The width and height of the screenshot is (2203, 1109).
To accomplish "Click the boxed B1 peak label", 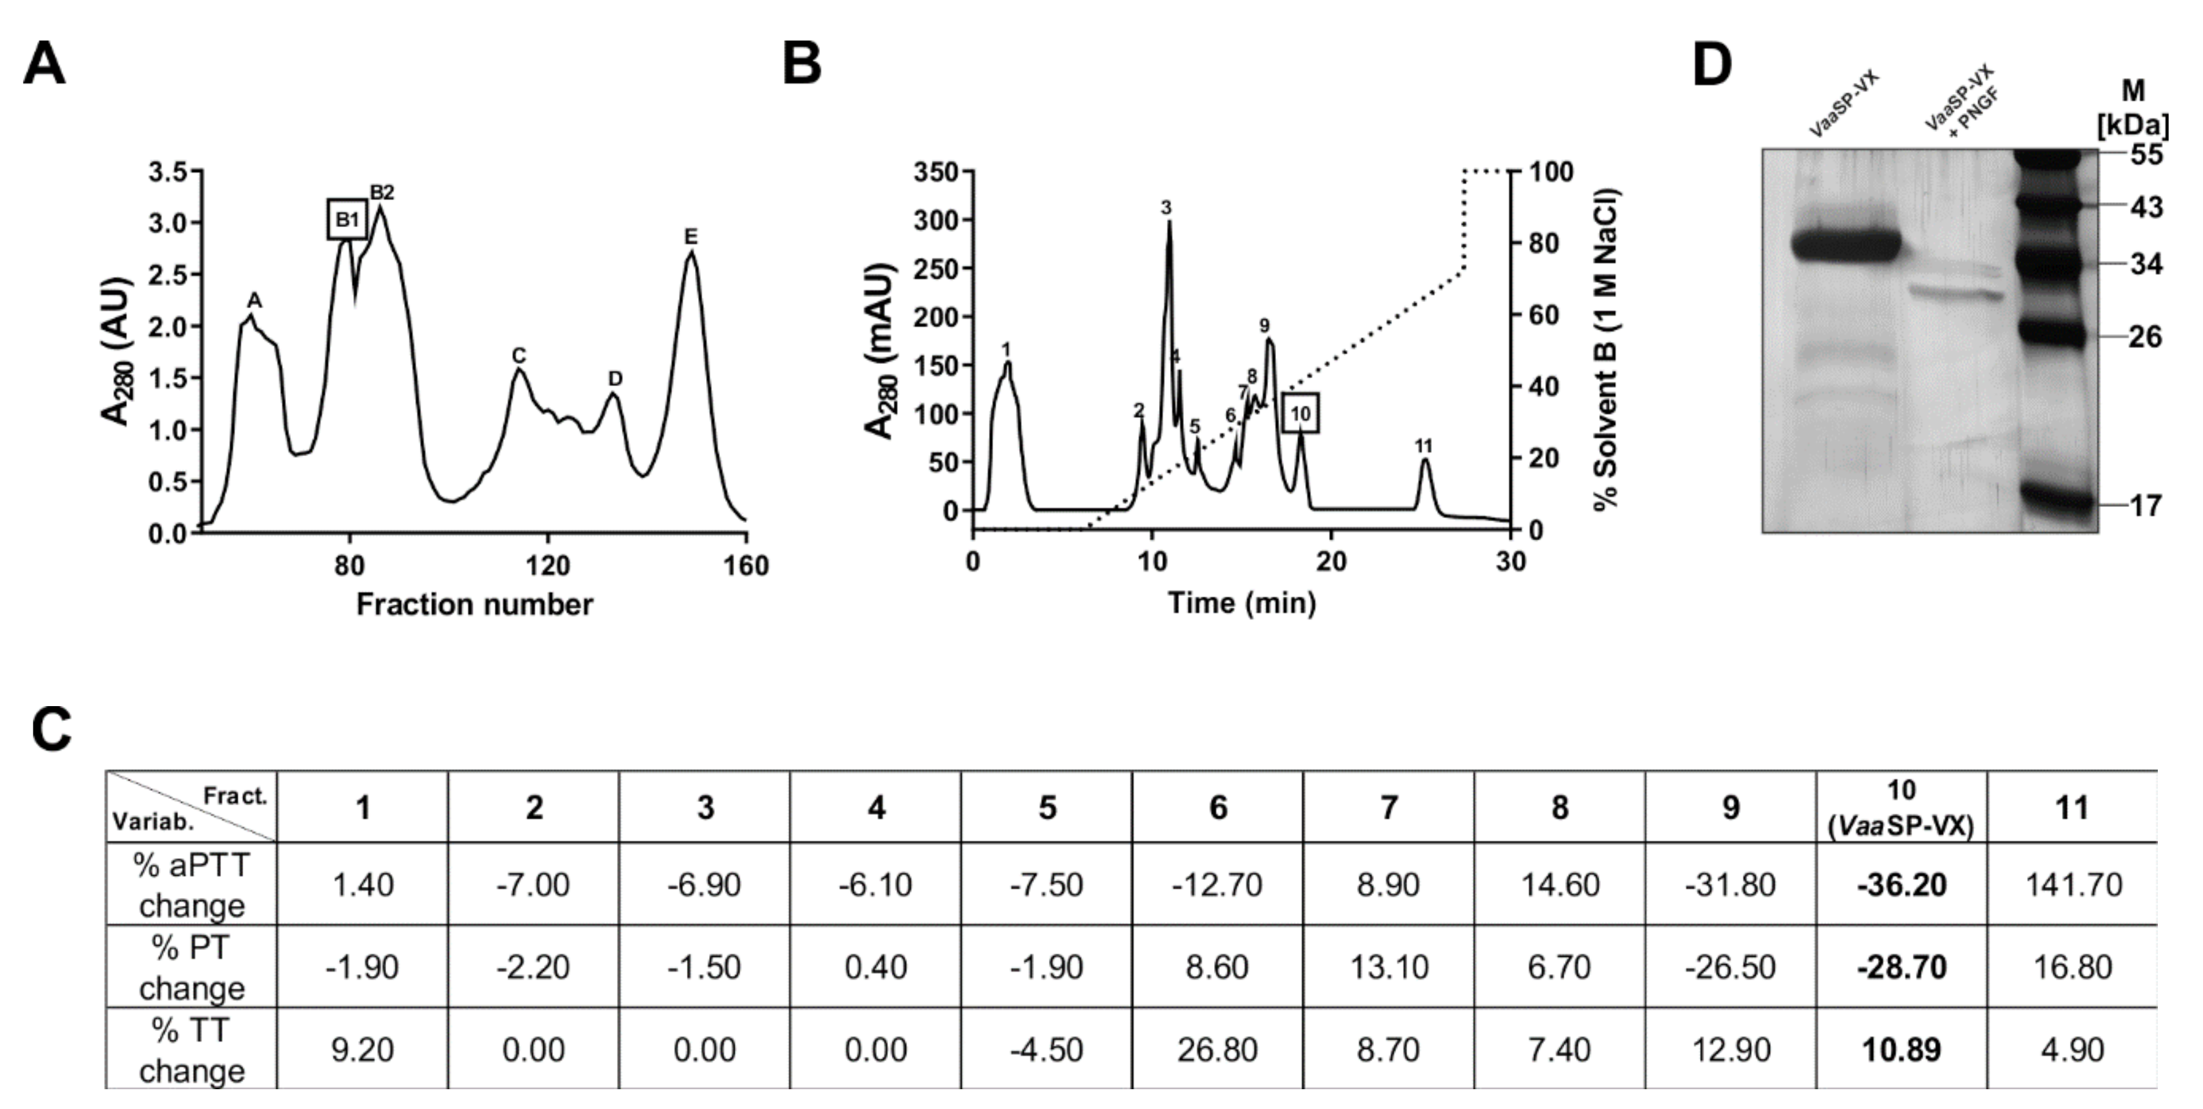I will (x=347, y=220).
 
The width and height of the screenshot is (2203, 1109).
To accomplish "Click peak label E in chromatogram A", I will (x=691, y=237).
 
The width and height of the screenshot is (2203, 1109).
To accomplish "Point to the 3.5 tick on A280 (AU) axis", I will (x=168, y=172).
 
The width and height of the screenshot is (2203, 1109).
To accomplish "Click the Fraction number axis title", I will (x=474, y=605).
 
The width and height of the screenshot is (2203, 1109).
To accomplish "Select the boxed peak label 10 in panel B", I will (x=1300, y=414).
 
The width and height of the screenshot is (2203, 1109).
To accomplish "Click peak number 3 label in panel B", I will (x=1166, y=208).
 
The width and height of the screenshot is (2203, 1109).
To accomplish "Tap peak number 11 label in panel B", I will (x=1423, y=446).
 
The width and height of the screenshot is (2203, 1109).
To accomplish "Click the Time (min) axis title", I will (x=1242, y=603).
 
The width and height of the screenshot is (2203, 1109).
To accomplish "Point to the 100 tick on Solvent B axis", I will (x=1551, y=172).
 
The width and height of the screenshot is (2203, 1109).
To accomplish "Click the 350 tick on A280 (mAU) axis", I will (x=936, y=172).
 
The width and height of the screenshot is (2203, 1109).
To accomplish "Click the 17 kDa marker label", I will (x=2145, y=506).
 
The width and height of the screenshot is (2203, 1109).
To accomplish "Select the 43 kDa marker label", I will (x=2145, y=207).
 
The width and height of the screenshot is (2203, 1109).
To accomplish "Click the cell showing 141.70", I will (x=2073, y=884).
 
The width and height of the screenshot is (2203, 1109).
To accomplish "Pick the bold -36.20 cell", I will (x=1901, y=884).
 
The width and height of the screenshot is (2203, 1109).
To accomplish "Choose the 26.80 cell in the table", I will (x=1217, y=1050).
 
